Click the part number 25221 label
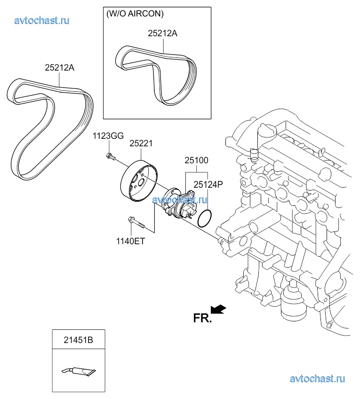click(141, 144)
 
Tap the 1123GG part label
click(108, 136)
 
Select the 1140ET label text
click(131, 241)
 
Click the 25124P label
click(208, 185)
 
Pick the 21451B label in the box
click(78, 339)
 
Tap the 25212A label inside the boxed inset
click(162, 34)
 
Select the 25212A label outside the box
click(59, 68)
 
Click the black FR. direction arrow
click(218, 309)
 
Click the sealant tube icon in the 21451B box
click(78, 371)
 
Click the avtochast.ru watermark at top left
click(42, 20)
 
